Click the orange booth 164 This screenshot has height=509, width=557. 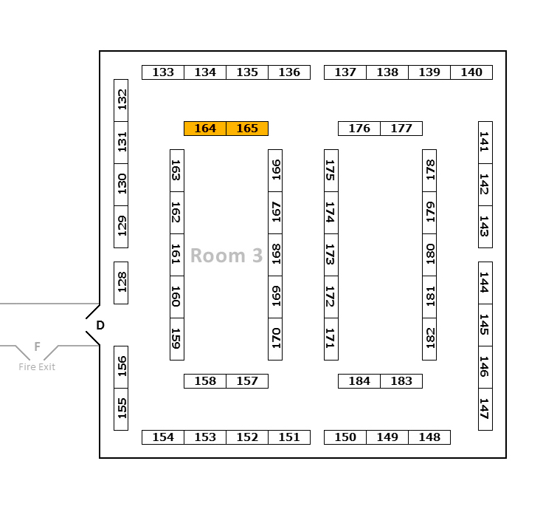click(x=205, y=129)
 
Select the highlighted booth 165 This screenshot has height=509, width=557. click(x=247, y=129)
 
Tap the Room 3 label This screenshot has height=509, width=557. click(x=226, y=256)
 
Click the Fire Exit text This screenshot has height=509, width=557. click(x=37, y=367)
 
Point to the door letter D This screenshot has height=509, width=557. click(x=100, y=325)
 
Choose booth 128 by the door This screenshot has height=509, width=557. click(x=121, y=282)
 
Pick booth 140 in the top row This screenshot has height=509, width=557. click(x=471, y=72)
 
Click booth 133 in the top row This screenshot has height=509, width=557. click(x=163, y=72)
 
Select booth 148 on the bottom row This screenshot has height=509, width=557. click(x=429, y=437)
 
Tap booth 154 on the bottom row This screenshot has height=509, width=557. click(x=163, y=437)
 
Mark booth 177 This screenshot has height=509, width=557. click(x=401, y=129)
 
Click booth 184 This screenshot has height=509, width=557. click(x=359, y=381)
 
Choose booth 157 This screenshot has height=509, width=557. click(x=247, y=381)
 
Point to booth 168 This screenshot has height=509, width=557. click(x=275, y=255)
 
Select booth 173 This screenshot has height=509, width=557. click(x=331, y=255)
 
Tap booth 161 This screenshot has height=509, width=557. click(x=177, y=255)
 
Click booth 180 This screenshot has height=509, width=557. click(x=429, y=255)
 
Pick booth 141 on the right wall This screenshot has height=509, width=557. click(x=485, y=143)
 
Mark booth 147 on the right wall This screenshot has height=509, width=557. click(x=485, y=409)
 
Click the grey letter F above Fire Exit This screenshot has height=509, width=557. click(x=37, y=346)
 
